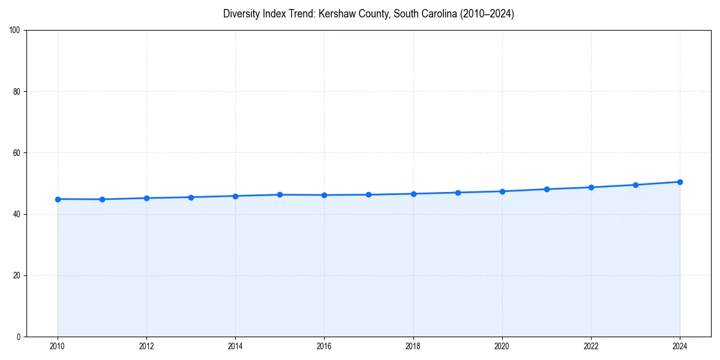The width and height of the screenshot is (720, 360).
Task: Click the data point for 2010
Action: (58, 199)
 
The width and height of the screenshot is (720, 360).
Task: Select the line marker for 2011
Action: (102, 199)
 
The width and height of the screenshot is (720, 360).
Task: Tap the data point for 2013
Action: (191, 197)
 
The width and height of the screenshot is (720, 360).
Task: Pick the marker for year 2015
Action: (280, 194)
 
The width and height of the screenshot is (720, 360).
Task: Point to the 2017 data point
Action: (368, 194)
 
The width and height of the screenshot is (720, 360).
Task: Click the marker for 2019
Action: (458, 193)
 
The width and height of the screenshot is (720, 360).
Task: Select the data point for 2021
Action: (547, 189)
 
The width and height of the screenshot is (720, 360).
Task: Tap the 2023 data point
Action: (635, 185)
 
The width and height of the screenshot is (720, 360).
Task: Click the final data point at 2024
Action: (680, 182)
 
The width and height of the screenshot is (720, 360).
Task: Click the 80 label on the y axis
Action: (17, 92)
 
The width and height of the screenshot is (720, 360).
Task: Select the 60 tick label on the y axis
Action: (17, 153)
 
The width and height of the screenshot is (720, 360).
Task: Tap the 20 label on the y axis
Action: (17, 275)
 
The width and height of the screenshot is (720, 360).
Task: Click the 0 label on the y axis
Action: (19, 337)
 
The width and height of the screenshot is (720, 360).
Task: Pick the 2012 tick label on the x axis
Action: (146, 346)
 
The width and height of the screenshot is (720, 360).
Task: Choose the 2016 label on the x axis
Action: (324, 346)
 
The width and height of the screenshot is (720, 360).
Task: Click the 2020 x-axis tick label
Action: (502, 346)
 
